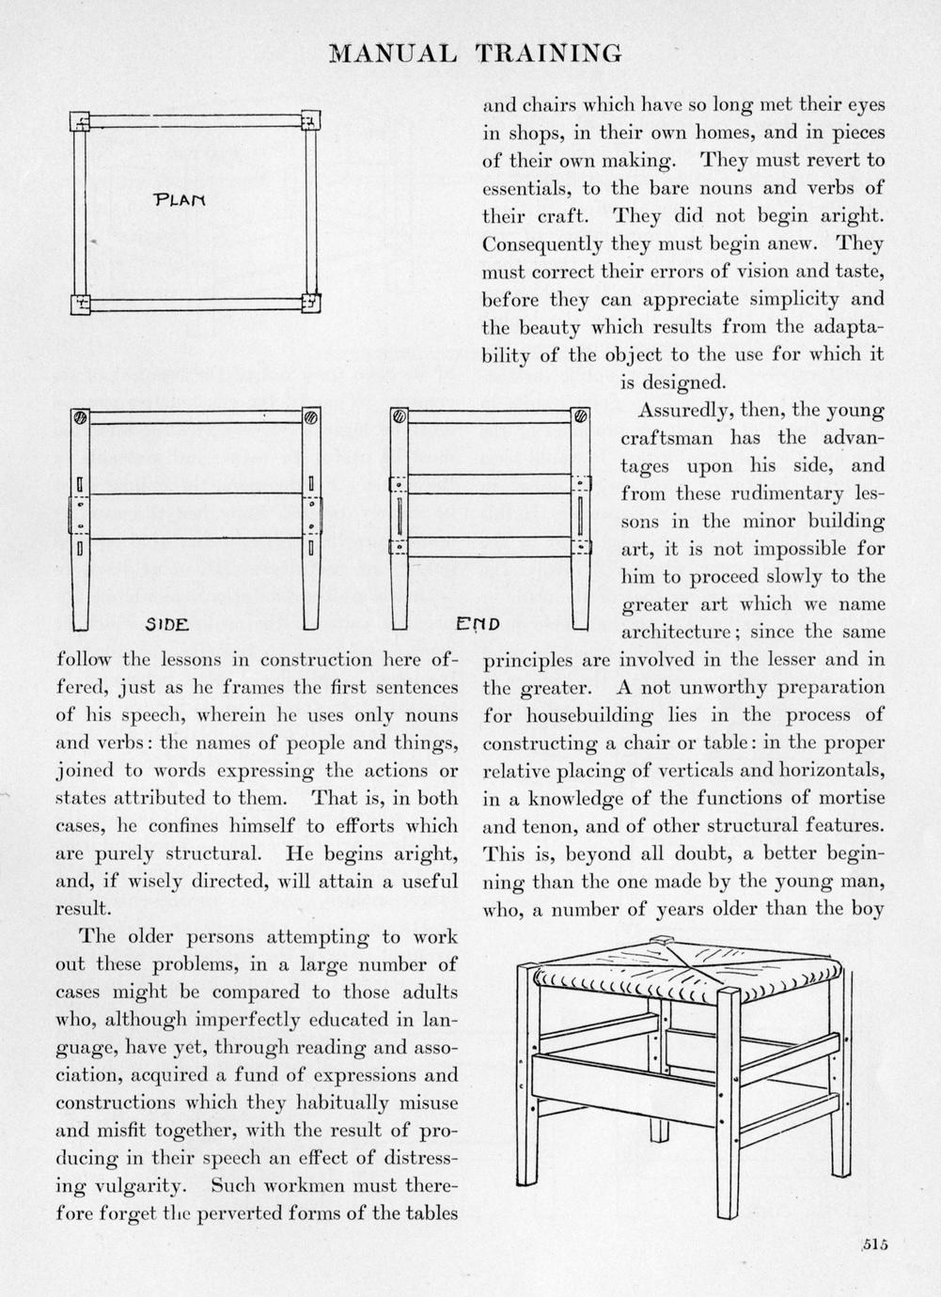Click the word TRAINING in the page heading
coord(549,54)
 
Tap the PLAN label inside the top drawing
coord(180,200)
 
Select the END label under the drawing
coord(478,623)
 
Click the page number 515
coord(873,1244)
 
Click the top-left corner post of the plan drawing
coord(81,121)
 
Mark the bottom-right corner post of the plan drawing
coord(310,303)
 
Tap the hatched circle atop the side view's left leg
coord(80,416)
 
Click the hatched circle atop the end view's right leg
coord(581,416)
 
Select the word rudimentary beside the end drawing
coord(788,493)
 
